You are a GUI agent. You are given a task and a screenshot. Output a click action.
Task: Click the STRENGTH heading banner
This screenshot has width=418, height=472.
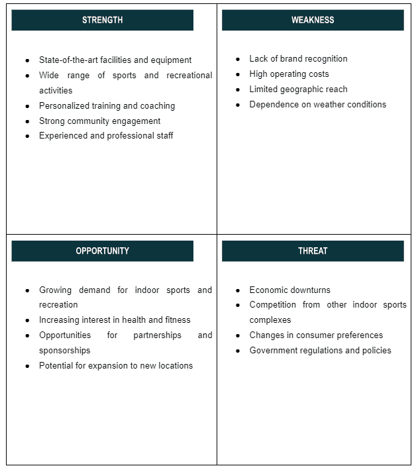click(x=102, y=20)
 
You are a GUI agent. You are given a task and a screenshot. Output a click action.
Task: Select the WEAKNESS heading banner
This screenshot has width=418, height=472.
click(x=313, y=20)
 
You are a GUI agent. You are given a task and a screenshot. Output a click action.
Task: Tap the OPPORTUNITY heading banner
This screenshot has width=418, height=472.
click(x=102, y=251)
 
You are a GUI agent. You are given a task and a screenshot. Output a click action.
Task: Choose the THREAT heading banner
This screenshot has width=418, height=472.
click(x=313, y=251)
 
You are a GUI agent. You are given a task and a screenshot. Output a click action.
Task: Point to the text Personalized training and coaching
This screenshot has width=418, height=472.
click(x=107, y=106)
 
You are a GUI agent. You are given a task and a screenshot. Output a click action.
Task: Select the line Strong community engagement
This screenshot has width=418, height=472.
click(x=99, y=121)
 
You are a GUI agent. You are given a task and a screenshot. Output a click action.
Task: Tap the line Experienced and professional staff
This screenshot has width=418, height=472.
click(x=106, y=136)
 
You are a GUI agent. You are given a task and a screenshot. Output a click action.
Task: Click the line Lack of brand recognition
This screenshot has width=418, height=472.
click(x=298, y=59)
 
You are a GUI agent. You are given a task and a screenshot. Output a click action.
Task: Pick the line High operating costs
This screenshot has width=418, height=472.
click(x=289, y=74)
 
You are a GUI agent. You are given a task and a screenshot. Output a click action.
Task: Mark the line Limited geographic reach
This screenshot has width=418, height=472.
click(x=298, y=89)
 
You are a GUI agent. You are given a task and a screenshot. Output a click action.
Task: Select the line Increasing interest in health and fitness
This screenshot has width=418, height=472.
click(x=115, y=320)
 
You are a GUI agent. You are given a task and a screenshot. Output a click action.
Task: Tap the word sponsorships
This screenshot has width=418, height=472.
click(x=64, y=351)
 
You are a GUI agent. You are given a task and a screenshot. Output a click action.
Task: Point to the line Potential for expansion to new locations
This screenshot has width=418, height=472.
click(x=116, y=366)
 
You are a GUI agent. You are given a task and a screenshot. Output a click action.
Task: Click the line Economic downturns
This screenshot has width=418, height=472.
click(x=289, y=290)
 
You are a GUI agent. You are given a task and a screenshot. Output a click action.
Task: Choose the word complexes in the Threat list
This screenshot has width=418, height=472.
click(x=270, y=320)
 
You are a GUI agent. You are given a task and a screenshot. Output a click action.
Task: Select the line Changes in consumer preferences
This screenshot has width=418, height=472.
click(x=316, y=335)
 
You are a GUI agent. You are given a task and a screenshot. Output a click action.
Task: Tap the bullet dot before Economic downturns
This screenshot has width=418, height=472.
click(x=238, y=291)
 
